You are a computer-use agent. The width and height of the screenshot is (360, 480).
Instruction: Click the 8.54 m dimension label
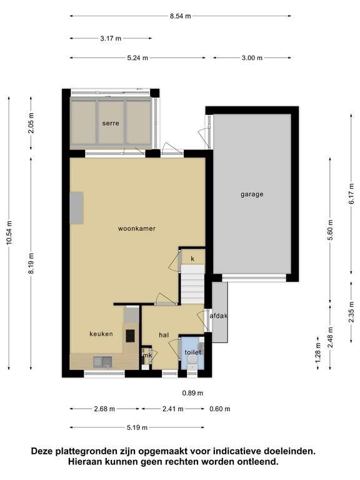(x=180, y=16)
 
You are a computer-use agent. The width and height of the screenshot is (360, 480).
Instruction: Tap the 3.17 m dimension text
(x=111, y=39)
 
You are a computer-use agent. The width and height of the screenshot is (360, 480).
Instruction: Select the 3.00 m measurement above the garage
(x=252, y=58)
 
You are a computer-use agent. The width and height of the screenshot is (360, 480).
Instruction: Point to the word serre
(x=111, y=123)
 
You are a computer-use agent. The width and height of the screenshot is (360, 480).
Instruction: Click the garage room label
(x=252, y=194)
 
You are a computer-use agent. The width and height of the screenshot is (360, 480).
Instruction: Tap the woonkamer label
(x=137, y=229)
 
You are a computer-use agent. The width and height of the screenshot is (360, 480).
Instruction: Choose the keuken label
(x=101, y=334)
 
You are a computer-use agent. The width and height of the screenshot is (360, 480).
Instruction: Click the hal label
(x=164, y=335)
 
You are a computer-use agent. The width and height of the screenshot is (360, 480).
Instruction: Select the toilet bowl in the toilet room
(x=192, y=362)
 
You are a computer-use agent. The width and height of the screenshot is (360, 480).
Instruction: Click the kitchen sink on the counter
(x=103, y=361)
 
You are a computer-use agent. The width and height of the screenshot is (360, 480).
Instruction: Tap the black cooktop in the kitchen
(x=130, y=336)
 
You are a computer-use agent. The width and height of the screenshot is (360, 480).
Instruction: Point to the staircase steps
(x=192, y=284)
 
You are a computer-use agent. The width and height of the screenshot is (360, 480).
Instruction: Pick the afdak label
(x=219, y=316)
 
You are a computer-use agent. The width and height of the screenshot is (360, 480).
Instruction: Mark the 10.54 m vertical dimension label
(x=9, y=232)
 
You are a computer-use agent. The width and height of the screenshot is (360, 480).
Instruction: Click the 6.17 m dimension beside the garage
(x=351, y=194)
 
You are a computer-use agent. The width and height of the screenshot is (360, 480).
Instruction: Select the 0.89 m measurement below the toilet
(x=192, y=393)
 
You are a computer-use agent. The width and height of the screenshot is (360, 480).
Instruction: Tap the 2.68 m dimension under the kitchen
(x=104, y=409)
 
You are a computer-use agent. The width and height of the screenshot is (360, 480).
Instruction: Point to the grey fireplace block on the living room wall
(x=76, y=208)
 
